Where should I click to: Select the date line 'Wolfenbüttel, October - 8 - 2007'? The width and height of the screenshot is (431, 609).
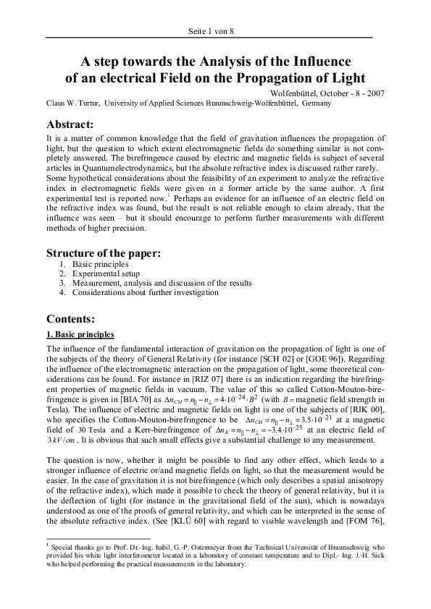(x=327, y=94)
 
